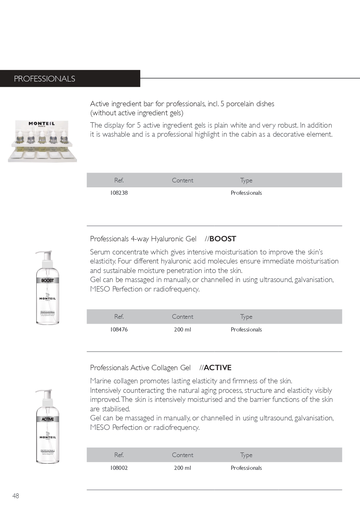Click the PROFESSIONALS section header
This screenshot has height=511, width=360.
44,79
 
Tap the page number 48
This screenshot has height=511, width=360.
16,496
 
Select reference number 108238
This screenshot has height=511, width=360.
119,193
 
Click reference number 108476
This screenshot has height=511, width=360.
119,329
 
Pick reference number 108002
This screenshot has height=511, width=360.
119,468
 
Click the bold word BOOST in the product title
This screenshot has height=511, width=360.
223,239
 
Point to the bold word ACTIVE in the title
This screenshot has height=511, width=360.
217,368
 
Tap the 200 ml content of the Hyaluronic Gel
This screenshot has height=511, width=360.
182,329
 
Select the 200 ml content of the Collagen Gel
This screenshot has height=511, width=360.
182,468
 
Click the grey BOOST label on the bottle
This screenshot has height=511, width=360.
47,280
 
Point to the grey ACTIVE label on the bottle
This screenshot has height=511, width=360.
47,419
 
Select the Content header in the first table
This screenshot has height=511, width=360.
182,180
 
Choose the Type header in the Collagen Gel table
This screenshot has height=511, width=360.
246,455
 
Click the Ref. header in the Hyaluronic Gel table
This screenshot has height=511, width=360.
119,317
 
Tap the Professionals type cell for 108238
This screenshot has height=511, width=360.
246,193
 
